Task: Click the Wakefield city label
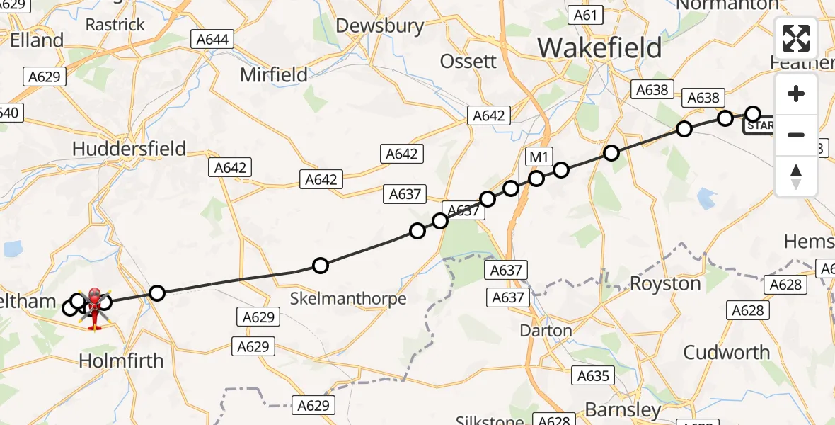(x=599, y=48)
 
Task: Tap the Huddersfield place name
(x=129, y=149)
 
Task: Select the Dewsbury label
(x=380, y=26)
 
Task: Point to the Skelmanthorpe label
(x=348, y=299)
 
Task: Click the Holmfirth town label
(x=121, y=361)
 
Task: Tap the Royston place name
(x=665, y=284)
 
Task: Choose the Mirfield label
(x=274, y=74)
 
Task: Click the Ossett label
(x=468, y=62)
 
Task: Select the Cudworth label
(x=727, y=352)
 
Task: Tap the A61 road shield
(x=587, y=16)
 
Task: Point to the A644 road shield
(x=212, y=40)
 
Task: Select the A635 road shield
(x=593, y=376)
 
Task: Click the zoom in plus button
(x=796, y=93)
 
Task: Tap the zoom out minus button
(x=796, y=135)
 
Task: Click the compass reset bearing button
(x=796, y=176)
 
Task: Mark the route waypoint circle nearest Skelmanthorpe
(x=321, y=266)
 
